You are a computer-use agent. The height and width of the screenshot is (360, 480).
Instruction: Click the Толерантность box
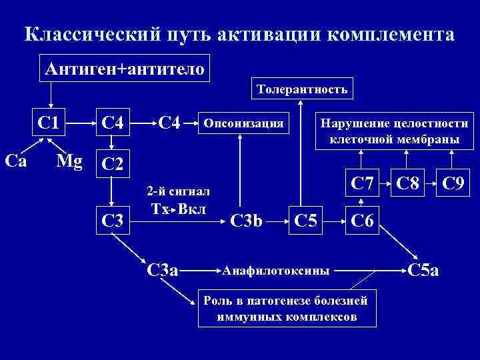(303, 89)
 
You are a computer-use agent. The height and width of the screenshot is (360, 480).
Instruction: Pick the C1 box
(49, 123)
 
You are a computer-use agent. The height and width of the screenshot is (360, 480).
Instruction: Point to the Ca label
(16, 160)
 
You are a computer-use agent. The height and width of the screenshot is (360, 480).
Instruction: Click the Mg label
(70, 161)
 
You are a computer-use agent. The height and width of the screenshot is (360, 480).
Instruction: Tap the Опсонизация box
(247, 123)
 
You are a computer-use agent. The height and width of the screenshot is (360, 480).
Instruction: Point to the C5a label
(423, 271)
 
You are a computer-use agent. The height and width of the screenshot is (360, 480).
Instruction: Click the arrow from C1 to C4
(79, 123)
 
